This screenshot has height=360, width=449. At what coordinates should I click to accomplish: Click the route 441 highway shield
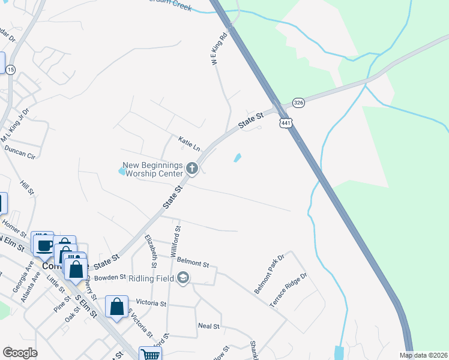[285, 122]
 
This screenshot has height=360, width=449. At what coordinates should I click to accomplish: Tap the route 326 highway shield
[300, 103]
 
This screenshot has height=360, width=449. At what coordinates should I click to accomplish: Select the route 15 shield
[11, 70]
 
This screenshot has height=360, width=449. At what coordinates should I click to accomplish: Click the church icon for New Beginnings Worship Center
[192, 168]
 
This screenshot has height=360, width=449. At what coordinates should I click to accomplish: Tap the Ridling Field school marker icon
[183, 277]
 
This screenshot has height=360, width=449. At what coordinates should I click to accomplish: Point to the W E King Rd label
[220, 44]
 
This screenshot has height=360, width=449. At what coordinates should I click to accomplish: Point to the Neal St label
[209, 325]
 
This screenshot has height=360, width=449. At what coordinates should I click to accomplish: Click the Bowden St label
[109, 278]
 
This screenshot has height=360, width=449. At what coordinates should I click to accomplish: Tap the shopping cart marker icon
[150, 355]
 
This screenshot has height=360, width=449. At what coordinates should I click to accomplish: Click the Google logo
[20, 353]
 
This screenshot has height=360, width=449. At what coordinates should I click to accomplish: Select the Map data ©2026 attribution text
[424, 355]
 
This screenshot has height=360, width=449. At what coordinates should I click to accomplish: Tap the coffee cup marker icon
[44, 245]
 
